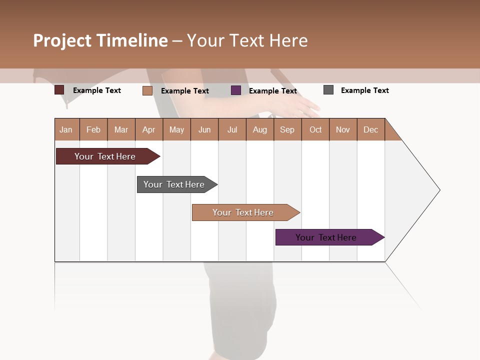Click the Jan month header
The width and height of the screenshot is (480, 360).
(66, 129)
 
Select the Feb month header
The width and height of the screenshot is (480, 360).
(93, 129)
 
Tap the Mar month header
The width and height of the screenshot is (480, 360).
(121, 129)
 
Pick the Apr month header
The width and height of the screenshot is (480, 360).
(149, 129)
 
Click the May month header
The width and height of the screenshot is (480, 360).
(176, 129)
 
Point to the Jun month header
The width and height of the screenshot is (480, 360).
(204, 129)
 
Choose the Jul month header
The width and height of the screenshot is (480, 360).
(232, 129)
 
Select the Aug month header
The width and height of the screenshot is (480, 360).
(260, 129)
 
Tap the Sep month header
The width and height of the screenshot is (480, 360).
(287, 129)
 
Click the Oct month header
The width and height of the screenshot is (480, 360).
(315, 129)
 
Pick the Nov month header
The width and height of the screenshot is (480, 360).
(343, 129)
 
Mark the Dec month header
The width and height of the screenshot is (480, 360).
(371, 129)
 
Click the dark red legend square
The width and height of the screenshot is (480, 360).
(59, 90)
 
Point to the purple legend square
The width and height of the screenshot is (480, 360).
(236, 90)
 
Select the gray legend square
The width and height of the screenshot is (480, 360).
(328, 90)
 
